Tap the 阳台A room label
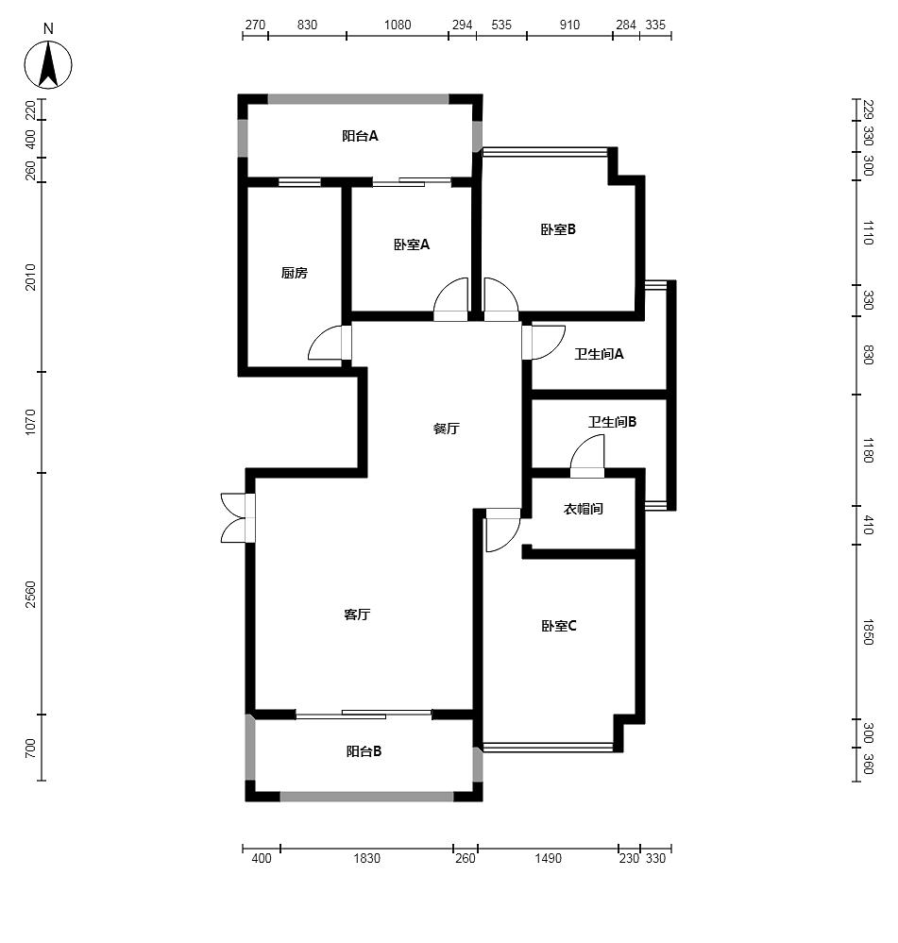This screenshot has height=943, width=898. click(360, 136)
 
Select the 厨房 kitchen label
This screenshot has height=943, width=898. click(294, 273)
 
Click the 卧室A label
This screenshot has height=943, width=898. click(412, 244)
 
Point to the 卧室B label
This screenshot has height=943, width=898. click(558, 229)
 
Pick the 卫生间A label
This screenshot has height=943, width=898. click(599, 354)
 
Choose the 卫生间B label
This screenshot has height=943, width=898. click(612, 422)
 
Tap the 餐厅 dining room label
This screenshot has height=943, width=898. click(447, 429)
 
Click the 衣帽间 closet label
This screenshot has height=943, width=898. click(583, 509)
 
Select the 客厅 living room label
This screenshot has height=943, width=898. click(357, 614)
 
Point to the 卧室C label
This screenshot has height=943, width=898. click(559, 626)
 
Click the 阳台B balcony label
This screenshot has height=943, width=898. click(364, 751)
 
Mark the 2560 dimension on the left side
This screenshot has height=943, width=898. click(30, 594)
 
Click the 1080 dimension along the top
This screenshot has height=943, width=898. click(398, 25)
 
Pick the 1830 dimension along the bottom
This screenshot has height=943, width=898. click(367, 858)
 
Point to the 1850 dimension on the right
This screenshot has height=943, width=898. click(868, 632)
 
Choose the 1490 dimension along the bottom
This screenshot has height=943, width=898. click(548, 858)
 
